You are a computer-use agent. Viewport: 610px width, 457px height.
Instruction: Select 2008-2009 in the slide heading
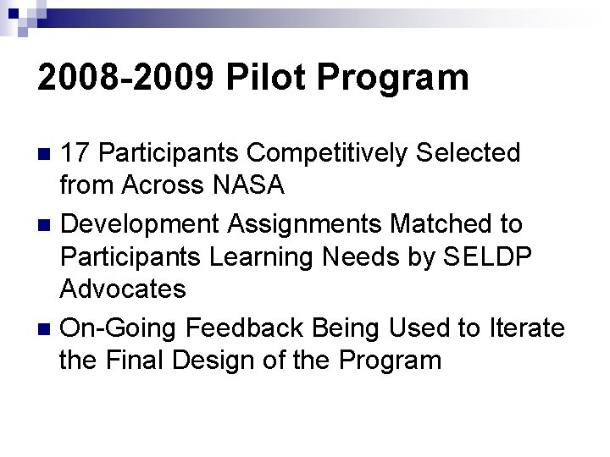point(128,79)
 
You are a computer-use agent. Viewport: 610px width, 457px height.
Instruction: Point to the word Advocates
point(123,289)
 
